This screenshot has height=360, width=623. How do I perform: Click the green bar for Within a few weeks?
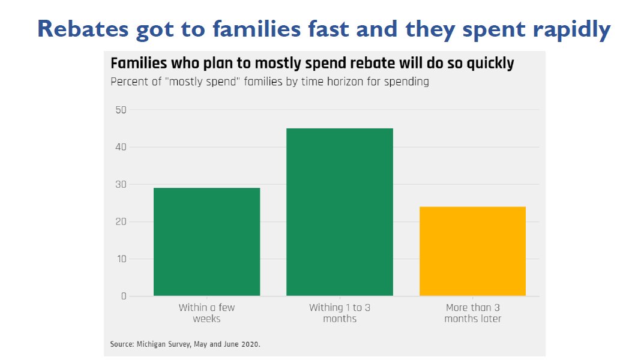pyautogui.click(x=206, y=242)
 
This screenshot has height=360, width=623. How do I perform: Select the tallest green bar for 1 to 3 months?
pyautogui.click(x=340, y=212)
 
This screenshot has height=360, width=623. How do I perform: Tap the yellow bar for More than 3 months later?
pyautogui.click(x=472, y=251)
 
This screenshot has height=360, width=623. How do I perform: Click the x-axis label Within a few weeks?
pyautogui.click(x=206, y=313)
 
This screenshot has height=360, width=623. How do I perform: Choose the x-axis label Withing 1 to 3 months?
pyautogui.click(x=340, y=313)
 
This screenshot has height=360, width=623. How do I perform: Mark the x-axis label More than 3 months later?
pyautogui.click(x=472, y=313)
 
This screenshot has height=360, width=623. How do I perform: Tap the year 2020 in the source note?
pyautogui.click(x=251, y=344)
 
